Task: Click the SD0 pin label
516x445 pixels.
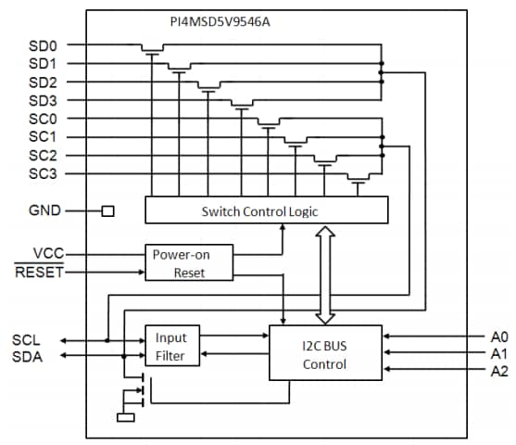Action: (x=43, y=45)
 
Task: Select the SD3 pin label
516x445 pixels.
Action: (x=43, y=100)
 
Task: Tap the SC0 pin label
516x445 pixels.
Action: (x=43, y=119)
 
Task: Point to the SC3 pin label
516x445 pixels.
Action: (x=43, y=173)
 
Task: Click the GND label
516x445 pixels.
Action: (x=44, y=210)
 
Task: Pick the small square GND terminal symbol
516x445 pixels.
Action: (x=107, y=210)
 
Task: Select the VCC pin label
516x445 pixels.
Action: (x=47, y=253)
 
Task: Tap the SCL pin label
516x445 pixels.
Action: (x=28, y=339)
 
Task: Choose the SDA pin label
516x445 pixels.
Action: (x=28, y=357)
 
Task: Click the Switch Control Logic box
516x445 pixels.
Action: (x=267, y=210)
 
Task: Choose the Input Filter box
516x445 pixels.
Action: (x=171, y=346)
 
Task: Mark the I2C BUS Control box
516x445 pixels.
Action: (x=324, y=352)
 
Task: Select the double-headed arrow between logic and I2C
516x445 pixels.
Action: (x=324, y=273)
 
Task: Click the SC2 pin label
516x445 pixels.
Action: (x=43, y=155)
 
